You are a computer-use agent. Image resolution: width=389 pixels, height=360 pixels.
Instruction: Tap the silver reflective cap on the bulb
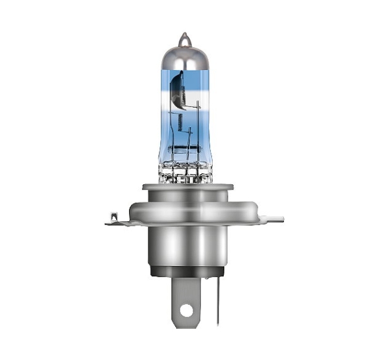(185, 56)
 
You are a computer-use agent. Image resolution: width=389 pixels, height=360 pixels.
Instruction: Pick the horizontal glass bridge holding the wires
(185, 155)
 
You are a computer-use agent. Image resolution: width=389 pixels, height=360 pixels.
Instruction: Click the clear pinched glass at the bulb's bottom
(185, 172)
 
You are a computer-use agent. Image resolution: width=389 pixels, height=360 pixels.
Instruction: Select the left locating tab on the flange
(114, 219)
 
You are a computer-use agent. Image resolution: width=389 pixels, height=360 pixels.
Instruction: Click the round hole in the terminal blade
(187, 311)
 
